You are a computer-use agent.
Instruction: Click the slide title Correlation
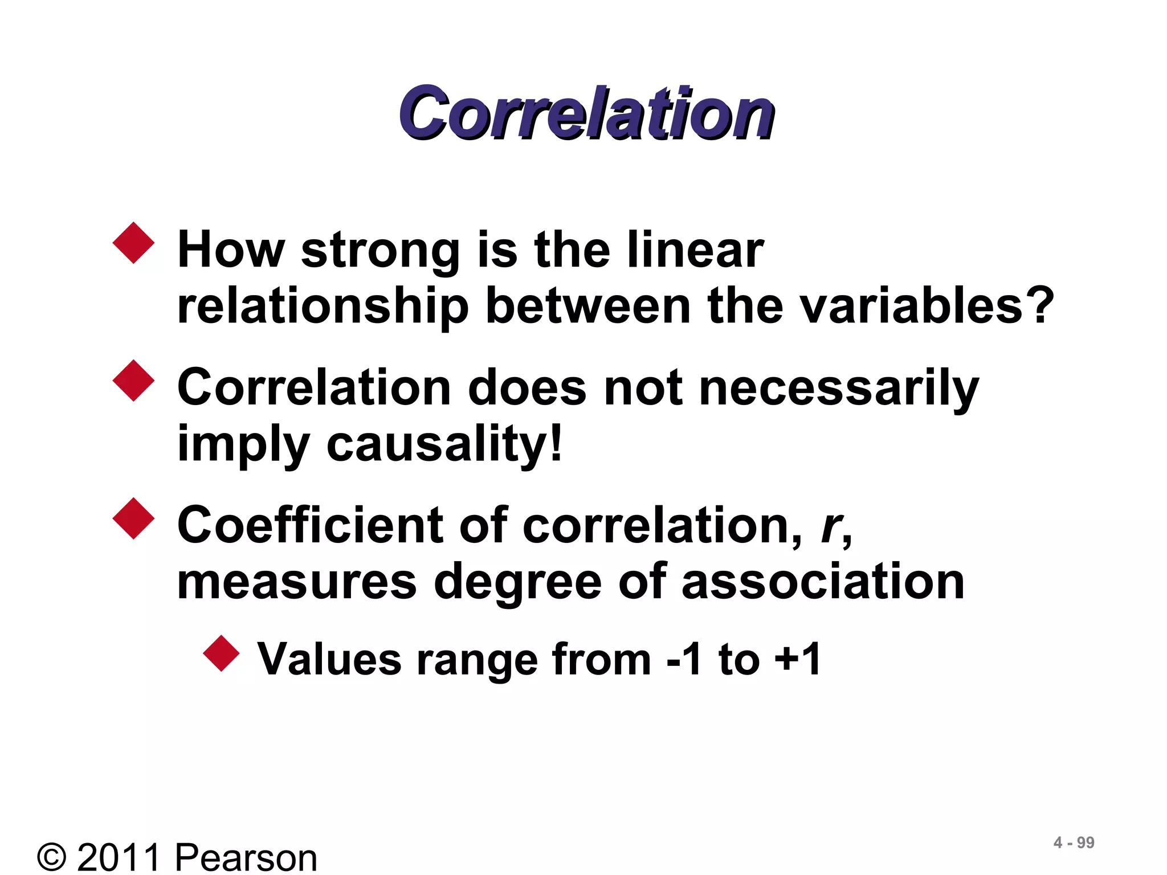pyautogui.click(x=586, y=113)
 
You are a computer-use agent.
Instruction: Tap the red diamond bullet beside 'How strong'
pyautogui.click(x=134, y=243)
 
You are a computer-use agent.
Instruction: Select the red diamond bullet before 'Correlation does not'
pyautogui.click(x=134, y=381)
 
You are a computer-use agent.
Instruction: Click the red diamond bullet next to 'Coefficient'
pyautogui.click(x=134, y=518)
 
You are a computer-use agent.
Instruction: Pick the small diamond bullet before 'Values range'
pyautogui.click(x=221, y=653)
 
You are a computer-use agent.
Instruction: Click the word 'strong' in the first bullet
pyautogui.click(x=380, y=251)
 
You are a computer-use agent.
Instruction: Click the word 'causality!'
pyautogui.click(x=444, y=444)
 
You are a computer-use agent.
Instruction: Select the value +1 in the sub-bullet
pyautogui.click(x=797, y=660)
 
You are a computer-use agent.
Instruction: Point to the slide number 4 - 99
pyautogui.click(x=1074, y=843)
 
